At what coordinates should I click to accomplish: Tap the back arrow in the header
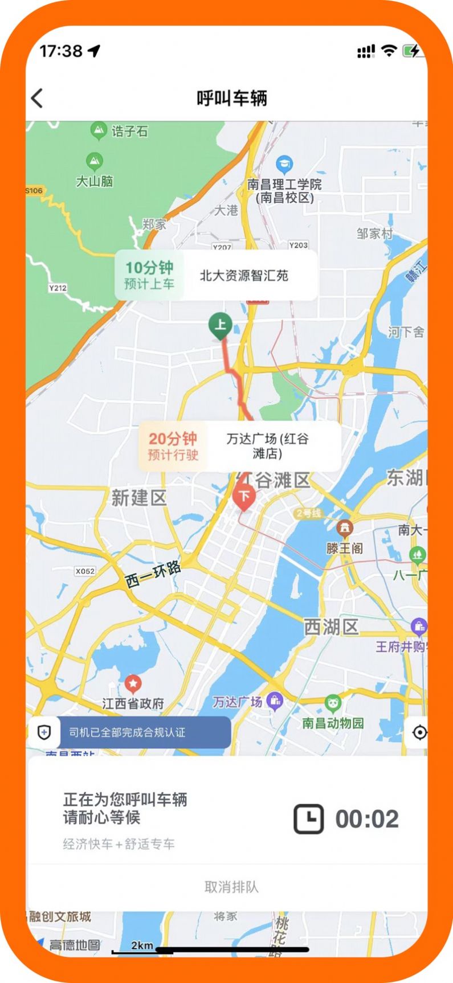point(38,99)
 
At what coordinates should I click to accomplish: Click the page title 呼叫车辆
point(232,99)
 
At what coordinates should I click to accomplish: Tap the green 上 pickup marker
point(220,326)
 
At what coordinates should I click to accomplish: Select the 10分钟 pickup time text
point(149,268)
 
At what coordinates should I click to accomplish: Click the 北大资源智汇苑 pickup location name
point(244,276)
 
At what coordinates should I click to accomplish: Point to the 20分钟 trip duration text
point(173,439)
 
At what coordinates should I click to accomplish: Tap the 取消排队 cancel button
point(231,887)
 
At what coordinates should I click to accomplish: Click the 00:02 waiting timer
point(367,819)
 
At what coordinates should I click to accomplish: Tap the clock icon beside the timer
point(308,819)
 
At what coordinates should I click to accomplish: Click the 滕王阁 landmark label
point(345,548)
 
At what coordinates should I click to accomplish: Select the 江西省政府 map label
point(133,704)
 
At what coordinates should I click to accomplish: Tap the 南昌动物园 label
point(333,723)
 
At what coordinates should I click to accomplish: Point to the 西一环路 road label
point(153,574)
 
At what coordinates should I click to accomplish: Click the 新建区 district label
point(138,498)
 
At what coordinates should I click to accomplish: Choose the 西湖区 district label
point(331,627)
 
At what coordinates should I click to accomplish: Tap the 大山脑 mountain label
point(95,181)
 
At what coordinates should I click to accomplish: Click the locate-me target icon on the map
point(419,732)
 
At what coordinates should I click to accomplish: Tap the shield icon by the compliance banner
point(44,732)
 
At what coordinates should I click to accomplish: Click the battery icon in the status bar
point(411,51)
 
